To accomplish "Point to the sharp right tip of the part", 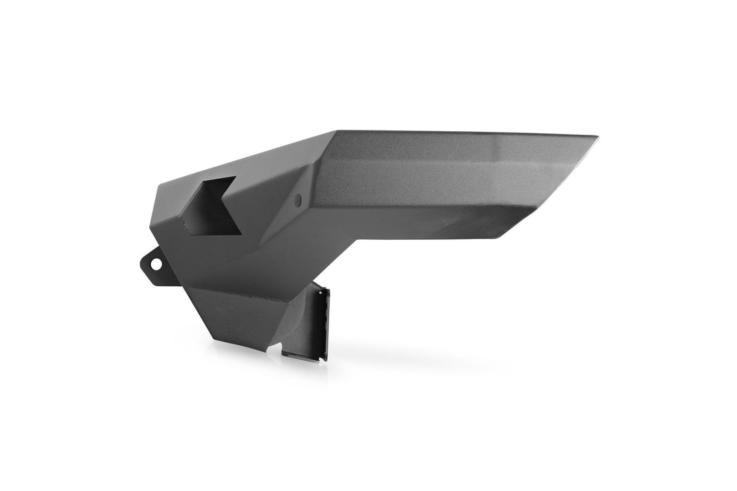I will click(x=597, y=135).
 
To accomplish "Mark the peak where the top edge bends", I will click(x=336, y=131).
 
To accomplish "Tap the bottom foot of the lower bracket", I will click(x=309, y=356).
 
